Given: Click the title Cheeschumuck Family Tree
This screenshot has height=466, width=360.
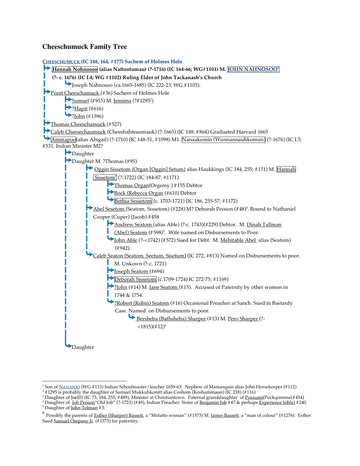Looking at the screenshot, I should point(84,46).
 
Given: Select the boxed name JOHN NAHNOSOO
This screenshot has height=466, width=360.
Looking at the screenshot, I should point(253,69).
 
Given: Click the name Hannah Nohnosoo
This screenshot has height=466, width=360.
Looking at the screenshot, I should point(75,69).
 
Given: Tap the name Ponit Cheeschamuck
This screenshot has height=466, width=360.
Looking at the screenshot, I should point(75,93).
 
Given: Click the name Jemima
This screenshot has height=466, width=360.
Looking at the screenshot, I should point(122,101).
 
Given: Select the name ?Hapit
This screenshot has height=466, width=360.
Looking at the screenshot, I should point(80,109).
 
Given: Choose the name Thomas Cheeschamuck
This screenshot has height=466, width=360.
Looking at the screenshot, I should point(78,124).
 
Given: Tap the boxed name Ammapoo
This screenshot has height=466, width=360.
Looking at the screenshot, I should point(63,139).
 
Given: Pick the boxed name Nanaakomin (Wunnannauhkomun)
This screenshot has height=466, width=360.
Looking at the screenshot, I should point(224,139).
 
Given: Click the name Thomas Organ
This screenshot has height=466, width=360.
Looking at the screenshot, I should point(131,185).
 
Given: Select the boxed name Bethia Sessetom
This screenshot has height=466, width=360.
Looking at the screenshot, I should point(133,201).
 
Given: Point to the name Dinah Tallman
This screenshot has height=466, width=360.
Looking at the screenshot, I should point(264,224).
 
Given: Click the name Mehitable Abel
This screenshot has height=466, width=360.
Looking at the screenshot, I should point(238,240).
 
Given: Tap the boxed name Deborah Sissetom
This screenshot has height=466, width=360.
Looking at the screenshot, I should point(135,279).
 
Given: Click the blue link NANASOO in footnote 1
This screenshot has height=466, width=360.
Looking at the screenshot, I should point(69,387).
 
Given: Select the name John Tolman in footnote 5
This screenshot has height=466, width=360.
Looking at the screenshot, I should point(84,408).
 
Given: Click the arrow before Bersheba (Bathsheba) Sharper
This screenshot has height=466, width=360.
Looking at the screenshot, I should point(132,317).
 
